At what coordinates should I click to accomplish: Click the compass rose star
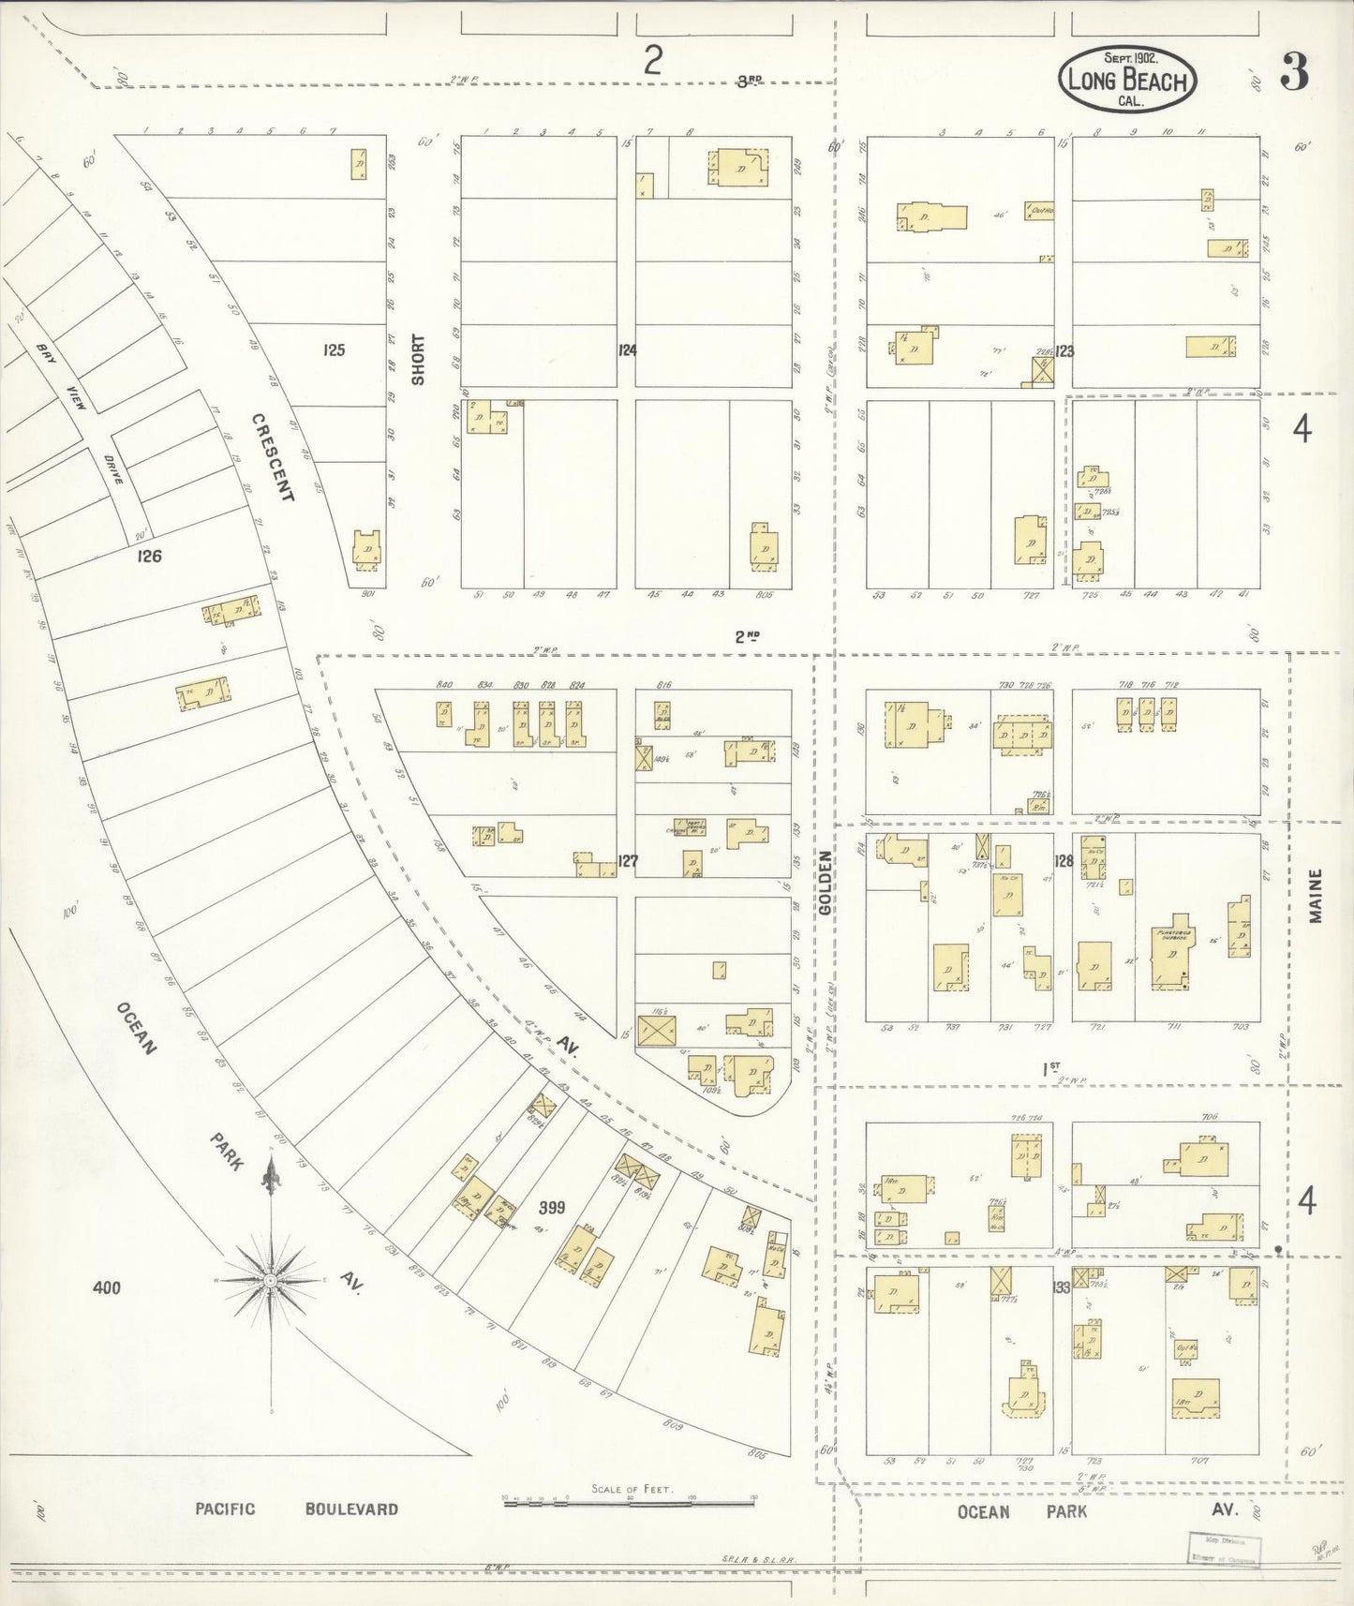[x=270, y=1279]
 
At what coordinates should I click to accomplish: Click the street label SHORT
[x=418, y=359]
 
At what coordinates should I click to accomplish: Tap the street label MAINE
[x=1315, y=897]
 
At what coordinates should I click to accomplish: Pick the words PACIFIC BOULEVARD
[x=296, y=1509]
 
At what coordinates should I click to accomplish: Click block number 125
[x=334, y=350]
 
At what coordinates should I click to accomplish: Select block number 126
[x=149, y=556]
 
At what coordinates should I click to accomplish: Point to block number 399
[x=551, y=1208]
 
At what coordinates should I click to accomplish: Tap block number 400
[x=107, y=1288]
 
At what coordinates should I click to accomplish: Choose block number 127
[x=627, y=858]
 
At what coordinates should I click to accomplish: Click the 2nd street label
[x=746, y=636]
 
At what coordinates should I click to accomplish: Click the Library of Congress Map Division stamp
[x=1225, y=1549]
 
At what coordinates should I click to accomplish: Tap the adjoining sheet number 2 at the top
[x=652, y=62]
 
